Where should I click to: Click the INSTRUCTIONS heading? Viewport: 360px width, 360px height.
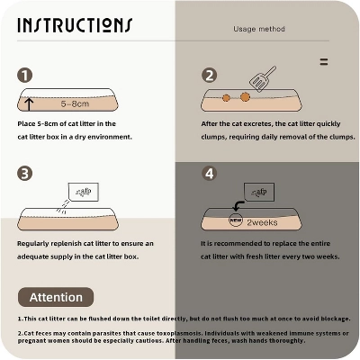tap(75, 25)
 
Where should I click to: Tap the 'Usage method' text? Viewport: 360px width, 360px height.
tap(259, 29)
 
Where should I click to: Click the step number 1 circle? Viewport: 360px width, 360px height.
tap(24, 76)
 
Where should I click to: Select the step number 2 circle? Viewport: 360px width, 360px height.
tap(209, 76)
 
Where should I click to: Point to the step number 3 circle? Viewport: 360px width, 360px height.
tap(24, 174)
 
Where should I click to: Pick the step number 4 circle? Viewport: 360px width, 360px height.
tap(209, 174)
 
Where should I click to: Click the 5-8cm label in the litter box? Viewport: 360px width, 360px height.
tap(75, 104)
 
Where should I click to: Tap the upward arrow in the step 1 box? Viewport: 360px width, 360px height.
tap(29, 104)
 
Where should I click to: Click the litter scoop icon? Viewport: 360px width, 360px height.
tap(263, 79)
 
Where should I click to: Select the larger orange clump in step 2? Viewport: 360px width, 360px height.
tap(245, 96)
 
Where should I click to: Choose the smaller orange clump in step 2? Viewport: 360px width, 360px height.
tap(226, 98)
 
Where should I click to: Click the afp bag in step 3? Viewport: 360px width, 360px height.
tap(84, 192)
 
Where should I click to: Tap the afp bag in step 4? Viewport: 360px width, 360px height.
tap(259, 192)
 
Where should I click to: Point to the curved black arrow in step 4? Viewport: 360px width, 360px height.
tap(238, 205)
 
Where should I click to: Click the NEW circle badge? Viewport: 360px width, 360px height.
tap(236, 220)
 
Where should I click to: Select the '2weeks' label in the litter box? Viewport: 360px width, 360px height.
tap(262, 222)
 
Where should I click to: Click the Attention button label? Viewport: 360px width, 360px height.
tap(56, 297)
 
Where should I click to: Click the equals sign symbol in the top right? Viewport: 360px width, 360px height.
tap(324, 62)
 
